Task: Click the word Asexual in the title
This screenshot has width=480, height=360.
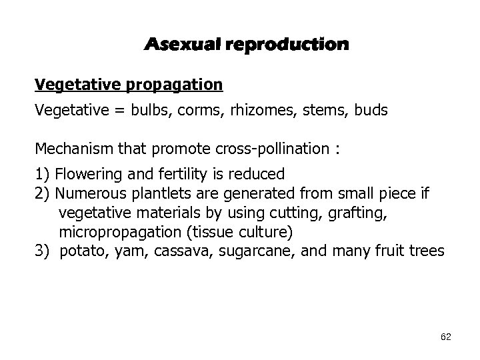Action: (x=181, y=45)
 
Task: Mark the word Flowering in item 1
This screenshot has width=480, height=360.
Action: (x=84, y=175)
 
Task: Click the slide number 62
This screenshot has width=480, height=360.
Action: (x=446, y=337)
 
